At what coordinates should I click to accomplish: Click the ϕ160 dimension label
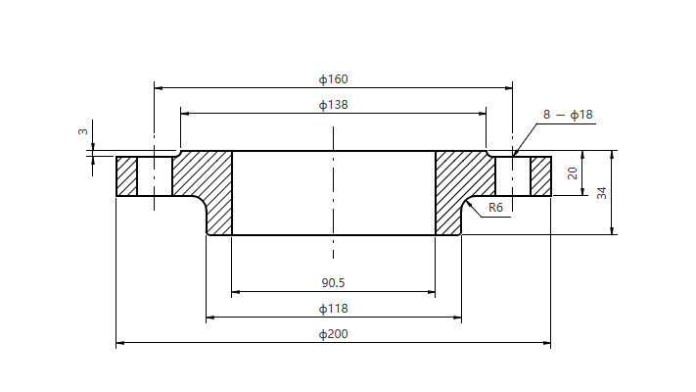point(334,79)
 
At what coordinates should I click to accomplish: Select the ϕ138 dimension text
point(334,105)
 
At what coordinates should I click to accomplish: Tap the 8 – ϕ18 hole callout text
point(568,115)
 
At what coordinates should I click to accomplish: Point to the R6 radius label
point(495,208)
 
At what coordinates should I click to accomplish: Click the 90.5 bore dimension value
point(333,283)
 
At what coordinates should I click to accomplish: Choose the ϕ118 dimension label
point(334,309)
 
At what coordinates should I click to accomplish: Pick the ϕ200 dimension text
point(334,334)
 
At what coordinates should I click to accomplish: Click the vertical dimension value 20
point(573,172)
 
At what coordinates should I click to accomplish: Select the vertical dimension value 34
point(601,193)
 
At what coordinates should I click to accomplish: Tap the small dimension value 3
point(83,131)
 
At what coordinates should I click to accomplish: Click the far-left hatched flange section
point(126,176)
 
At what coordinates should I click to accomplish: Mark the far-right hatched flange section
point(540,176)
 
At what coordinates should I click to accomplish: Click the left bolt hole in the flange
point(155,176)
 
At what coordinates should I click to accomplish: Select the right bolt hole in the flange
point(513,176)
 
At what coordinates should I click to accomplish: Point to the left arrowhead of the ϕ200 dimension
point(119,343)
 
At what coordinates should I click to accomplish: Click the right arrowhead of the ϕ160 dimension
point(508,88)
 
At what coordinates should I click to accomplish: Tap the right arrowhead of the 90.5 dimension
point(431,292)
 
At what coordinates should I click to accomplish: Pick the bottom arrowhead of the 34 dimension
point(612,230)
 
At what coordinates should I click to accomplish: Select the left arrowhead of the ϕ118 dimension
point(210,318)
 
